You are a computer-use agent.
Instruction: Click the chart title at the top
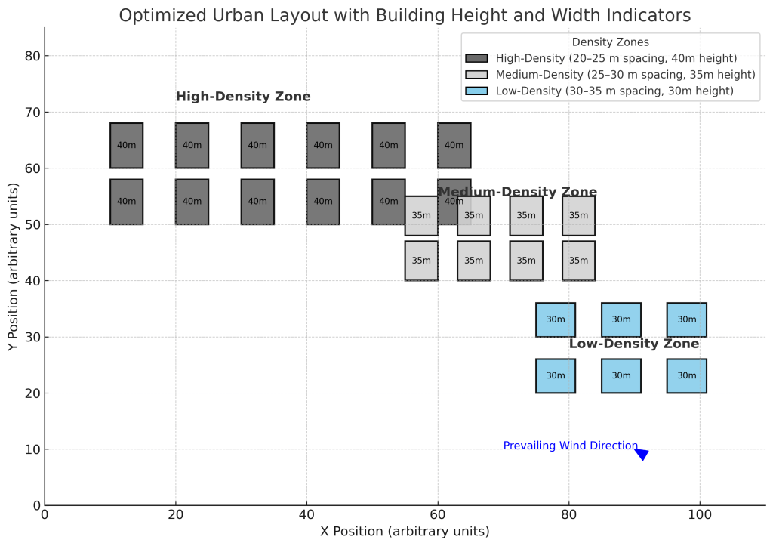(x=405, y=15)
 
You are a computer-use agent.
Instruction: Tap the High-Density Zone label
(x=243, y=97)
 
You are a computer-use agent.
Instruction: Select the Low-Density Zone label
(x=633, y=344)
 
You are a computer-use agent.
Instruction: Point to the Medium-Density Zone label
(x=517, y=192)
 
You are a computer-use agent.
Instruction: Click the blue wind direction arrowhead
(x=642, y=453)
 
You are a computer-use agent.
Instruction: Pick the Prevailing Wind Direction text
(x=570, y=446)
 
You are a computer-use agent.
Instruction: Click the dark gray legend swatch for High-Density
(x=476, y=58)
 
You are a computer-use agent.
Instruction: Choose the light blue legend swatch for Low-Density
(x=476, y=91)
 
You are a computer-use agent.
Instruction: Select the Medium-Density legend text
(x=625, y=75)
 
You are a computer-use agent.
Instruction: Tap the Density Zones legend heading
(x=611, y=42)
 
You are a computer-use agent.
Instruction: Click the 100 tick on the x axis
(x=700, y=515)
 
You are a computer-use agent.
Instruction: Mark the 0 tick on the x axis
(x=45, y=515)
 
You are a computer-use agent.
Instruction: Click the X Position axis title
(x=405, y=532)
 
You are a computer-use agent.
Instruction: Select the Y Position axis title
(x=13, y=267)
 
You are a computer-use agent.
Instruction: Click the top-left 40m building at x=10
(x=126, y=145)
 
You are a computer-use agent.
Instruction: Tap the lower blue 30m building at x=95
(x=686, y=375)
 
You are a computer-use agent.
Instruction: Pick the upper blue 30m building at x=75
(x=556, y=319)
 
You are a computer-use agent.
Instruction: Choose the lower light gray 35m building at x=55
(x=421, y=261)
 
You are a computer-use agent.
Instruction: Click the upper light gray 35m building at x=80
(x=578, y=215)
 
